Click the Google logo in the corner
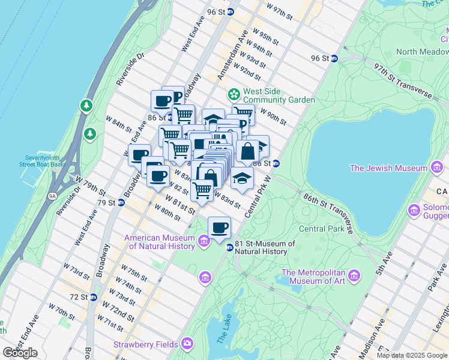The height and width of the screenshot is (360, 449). point(20,353)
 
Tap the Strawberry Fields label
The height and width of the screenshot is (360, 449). point(146,344)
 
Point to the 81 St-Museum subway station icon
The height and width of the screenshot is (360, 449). point(229,248)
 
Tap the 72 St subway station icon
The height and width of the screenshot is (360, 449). point(93,297)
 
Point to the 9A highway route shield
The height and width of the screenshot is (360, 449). point(52,196)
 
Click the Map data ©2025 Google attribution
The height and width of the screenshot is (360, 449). point(411,355)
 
